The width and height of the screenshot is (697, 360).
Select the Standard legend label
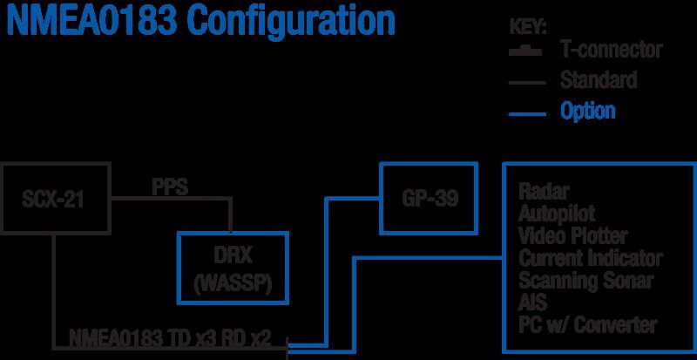[x=599, y=81]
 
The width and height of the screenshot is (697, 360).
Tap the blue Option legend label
[x=588, y=111]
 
